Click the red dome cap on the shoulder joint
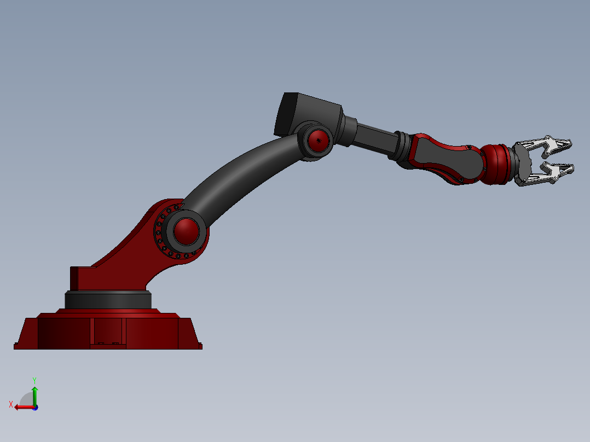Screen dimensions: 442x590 186,231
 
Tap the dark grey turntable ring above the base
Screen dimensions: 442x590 108,300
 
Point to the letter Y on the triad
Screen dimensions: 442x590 34,380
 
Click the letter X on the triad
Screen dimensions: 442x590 11,404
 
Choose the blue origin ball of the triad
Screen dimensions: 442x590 35,407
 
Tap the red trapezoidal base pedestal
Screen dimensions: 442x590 148,331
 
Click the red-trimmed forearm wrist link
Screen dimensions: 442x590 446,159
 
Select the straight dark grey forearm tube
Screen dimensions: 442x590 375,139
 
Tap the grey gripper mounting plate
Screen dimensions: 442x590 522,164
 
